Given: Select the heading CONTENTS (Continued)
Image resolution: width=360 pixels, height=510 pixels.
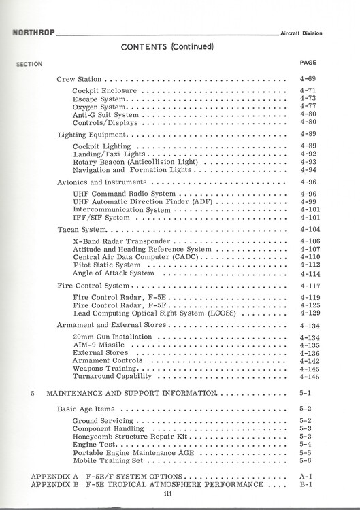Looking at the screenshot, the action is (167, 47).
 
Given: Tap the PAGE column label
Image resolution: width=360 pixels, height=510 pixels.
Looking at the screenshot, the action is (308, 63).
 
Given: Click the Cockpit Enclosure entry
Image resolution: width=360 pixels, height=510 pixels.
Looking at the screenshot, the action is (105, 90).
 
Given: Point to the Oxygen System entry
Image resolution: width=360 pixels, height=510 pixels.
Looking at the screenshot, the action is (99, 107).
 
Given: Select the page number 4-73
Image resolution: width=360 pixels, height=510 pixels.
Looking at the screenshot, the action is (308, 99).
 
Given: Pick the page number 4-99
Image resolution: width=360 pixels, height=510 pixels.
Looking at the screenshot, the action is (308, 202).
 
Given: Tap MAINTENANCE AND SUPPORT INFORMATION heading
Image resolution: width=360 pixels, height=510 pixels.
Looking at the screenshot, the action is (131, 394).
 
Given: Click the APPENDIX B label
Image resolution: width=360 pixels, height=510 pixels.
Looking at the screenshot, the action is (55, 485).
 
